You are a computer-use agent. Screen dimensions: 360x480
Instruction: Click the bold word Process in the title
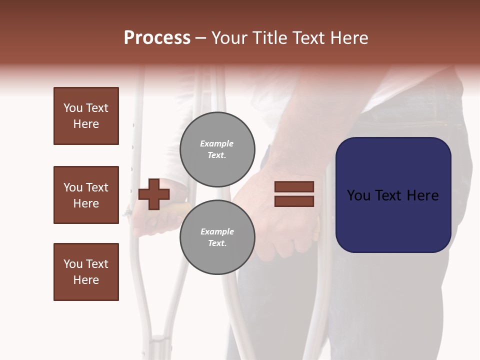(x=157, y=38)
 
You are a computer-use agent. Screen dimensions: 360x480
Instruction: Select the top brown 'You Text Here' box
(x=86, y=116)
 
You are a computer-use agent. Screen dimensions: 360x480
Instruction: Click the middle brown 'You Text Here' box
(x=86, y=195)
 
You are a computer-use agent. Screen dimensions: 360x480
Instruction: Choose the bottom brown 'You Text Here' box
(x=86, y=272)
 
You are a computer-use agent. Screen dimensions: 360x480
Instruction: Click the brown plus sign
(x=154, y=194)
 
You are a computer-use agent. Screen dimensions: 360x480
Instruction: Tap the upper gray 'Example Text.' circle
(x=217, y=149)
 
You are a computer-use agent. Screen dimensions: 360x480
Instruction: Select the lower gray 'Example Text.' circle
(x=217, y=237)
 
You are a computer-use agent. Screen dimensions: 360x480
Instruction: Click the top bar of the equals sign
(x=294, y=187)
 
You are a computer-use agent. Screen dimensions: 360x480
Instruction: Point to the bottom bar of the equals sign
(x=294, y=201)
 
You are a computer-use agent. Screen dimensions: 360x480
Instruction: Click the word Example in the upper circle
(x=217, y=144)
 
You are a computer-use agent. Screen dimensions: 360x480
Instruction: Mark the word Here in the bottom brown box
(x=86, y=280)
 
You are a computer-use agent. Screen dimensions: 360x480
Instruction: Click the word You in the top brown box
(x=73, y=108)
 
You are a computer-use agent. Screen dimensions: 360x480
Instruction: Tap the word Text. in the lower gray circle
(x=217, y=243)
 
